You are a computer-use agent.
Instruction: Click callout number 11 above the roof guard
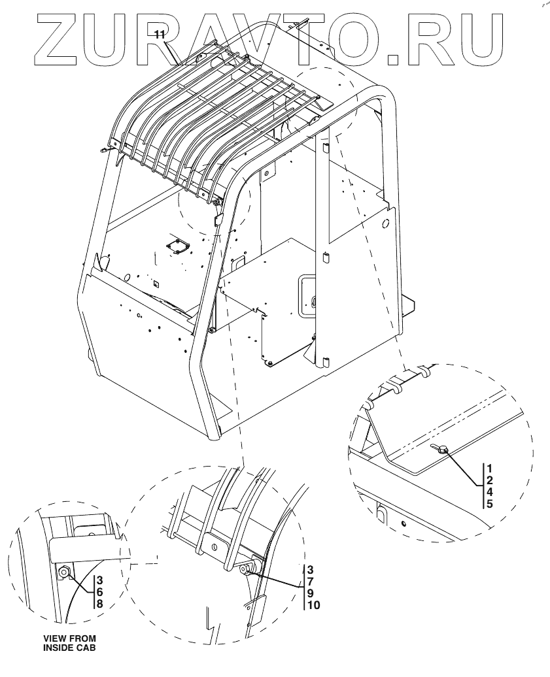point(160,35)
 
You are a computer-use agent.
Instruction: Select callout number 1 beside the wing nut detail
point(490,468)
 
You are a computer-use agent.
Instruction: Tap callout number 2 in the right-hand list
point(490,480)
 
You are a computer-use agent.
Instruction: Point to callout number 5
point(490,504)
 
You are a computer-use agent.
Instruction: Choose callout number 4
point(490,492)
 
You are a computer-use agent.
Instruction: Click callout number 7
point(311,581)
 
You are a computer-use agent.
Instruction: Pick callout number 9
point(311,593)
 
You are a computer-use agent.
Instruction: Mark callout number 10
point(314,605)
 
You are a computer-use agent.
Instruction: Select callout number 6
point(100,592)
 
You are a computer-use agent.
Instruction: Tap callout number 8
point(100,604)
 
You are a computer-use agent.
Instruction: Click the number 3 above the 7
point(311,569)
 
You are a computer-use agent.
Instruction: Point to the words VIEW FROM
point(69,638)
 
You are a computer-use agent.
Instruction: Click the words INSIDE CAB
point(69,647)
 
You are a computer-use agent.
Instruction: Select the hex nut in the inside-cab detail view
point(64,573)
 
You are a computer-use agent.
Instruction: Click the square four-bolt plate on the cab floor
point(179,246)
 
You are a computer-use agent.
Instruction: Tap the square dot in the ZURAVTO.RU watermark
point(393,59)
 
